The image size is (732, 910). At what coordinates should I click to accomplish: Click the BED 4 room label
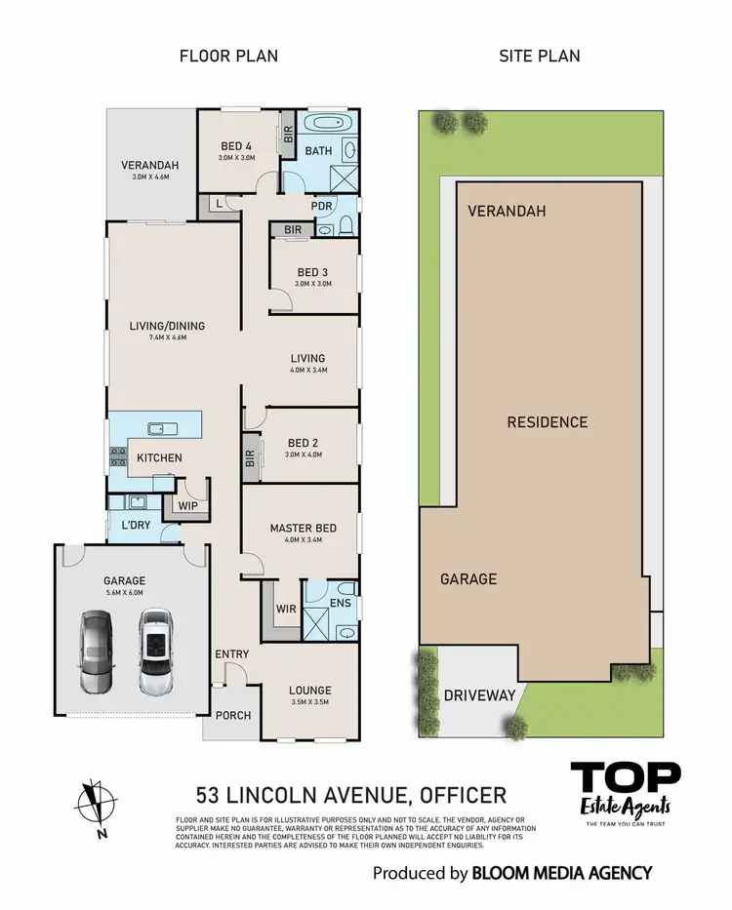pyautogui.click(x=237, y=146)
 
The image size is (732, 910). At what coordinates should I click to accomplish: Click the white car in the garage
pyautogui.click(x=155, y=651)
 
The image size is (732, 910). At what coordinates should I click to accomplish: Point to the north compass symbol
pyautogui.click(x=93, y=800)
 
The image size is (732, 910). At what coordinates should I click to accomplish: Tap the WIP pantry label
pyautogui.click(x=188, y=506)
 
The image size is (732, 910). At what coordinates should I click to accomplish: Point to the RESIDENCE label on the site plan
pyautogui.click(x=547, y=422)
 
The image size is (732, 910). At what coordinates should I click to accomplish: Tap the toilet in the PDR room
pyautogui.click(x=346, y=228)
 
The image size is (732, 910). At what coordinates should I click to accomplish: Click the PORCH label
pyautogui.click(x=232, y=715)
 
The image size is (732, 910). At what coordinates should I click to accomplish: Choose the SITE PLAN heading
pyautogui.click(x=540, y=56)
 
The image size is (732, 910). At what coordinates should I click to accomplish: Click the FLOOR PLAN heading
pyautogui.click(x=228, y=56)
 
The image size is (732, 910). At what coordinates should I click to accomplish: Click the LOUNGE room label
pyautogui.click(x=309, y=691)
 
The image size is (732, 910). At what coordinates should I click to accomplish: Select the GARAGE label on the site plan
pyautogui.click(x=468, y=579)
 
